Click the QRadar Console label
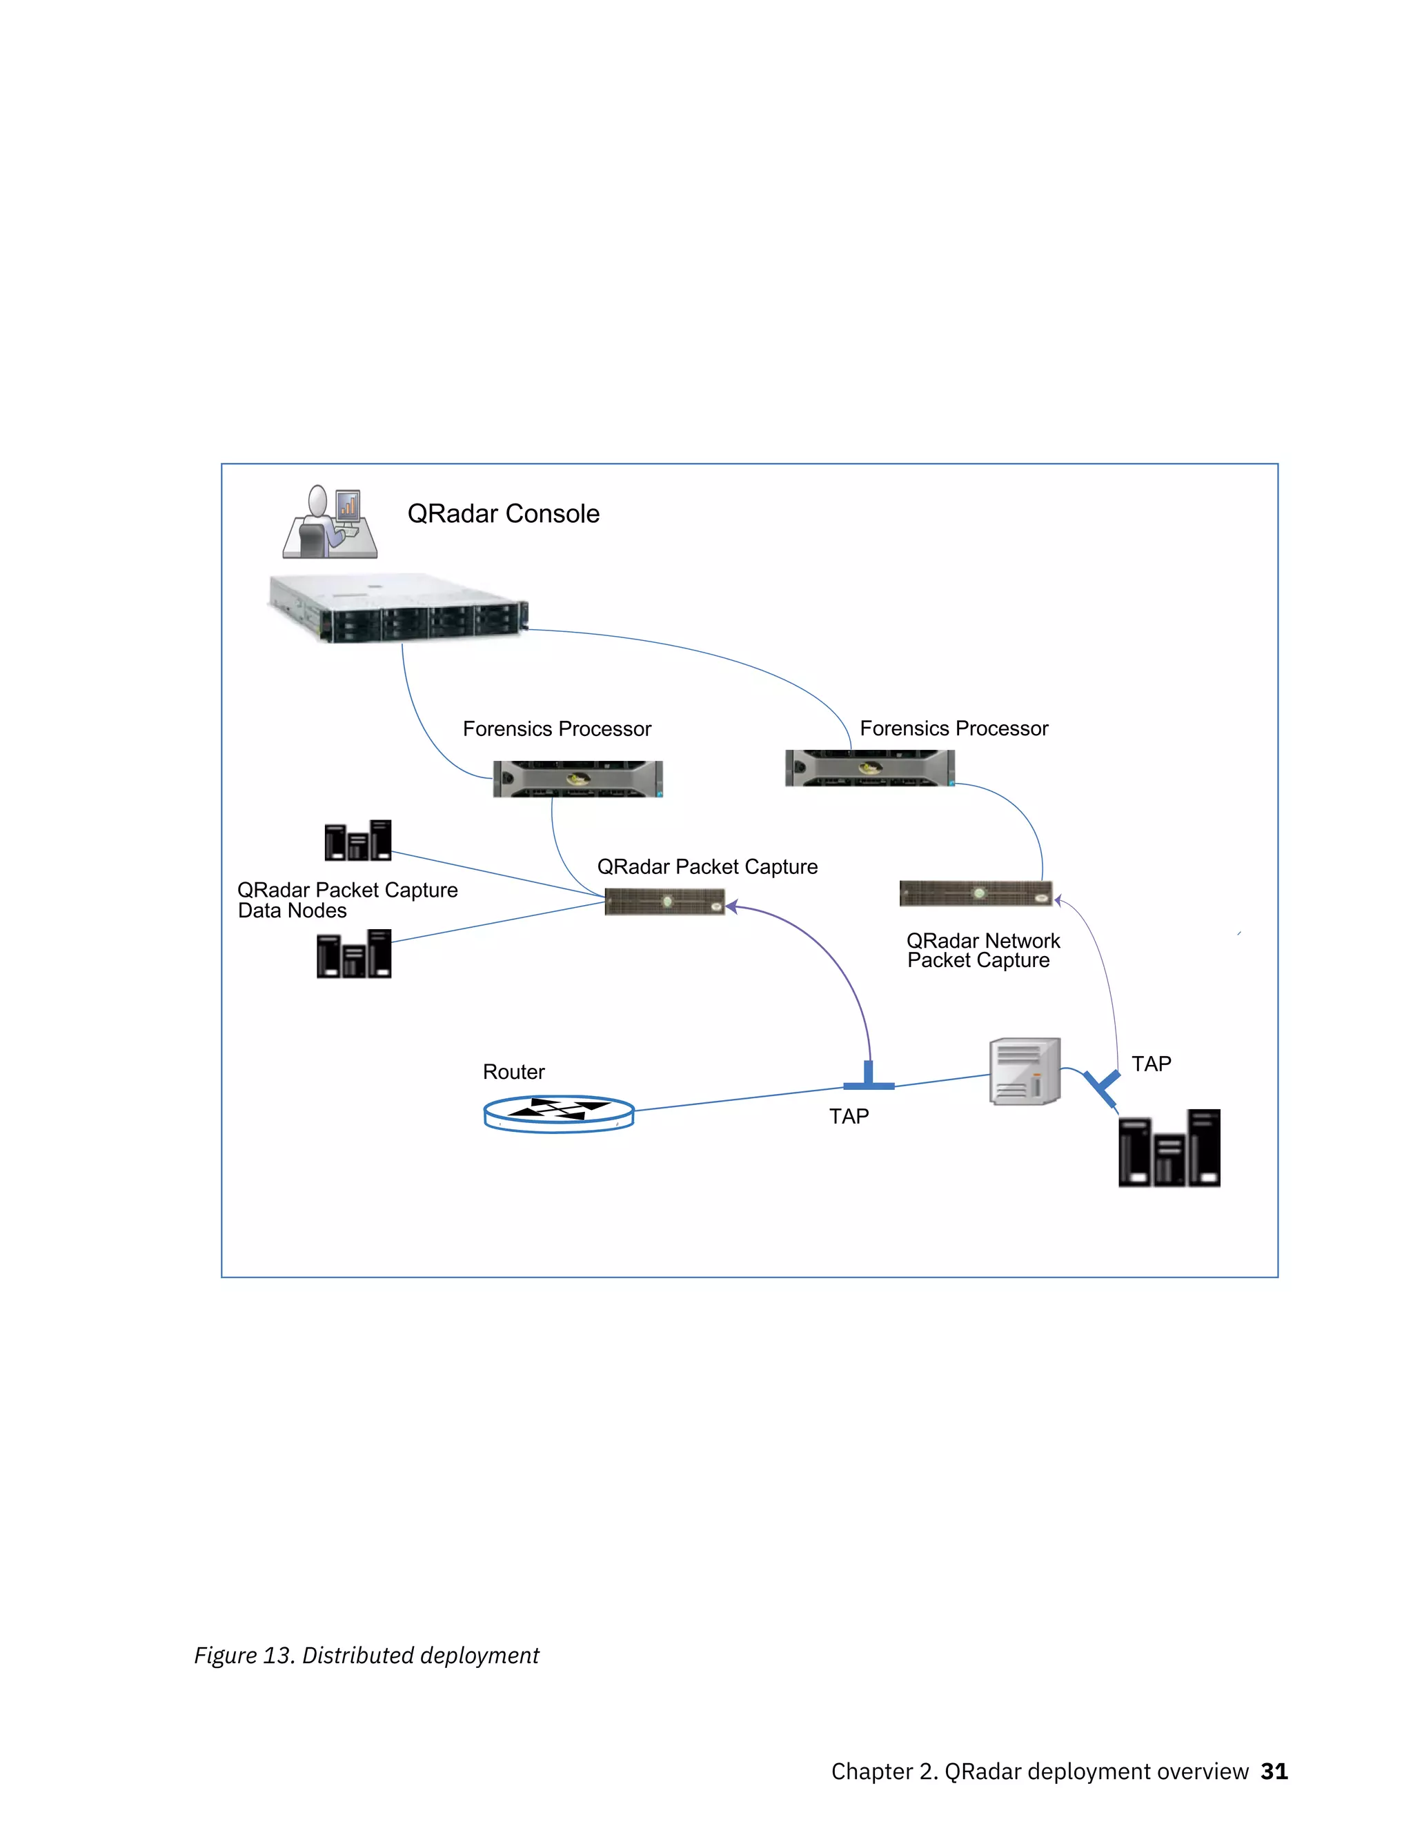pyautogui.click(x=503, y=513)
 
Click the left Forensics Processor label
pyautogui.click(x=557, y=729)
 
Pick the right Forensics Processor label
pyautogui.click(x=953, y=728)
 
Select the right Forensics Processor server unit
pyautogui.click(x=870, y=768)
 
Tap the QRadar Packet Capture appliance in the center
pyautogui.click(x=664, y=902)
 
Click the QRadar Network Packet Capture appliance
pyautogui.click(x=975, y=893)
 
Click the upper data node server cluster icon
pyautogui.click(x=357, y=840)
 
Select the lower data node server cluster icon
pyautogui.click(x=353, y=954)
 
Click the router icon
pyautogui.click(x=558, y=1113)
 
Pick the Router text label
pyautogui.click(x=513, y=1072)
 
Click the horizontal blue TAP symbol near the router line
pyautogui.click(x=868, y=1080)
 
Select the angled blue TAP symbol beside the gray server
pyautogui.click(x=1102, y=1086)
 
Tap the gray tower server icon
pyautogui.click(x=1025, y=1071)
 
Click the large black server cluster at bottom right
pyautogui.click(x=1169, y=1149)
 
